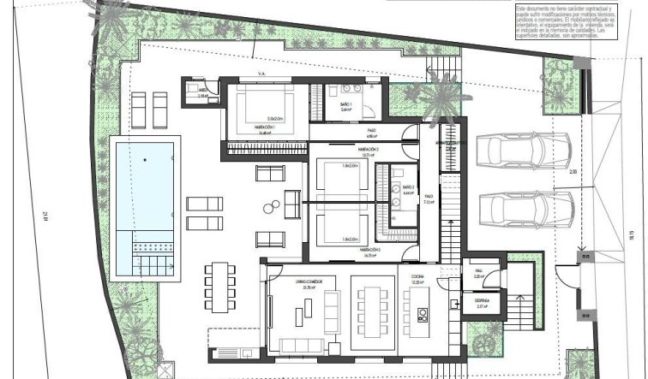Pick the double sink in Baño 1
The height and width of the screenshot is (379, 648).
pyautogui.click(x=351, y=89)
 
